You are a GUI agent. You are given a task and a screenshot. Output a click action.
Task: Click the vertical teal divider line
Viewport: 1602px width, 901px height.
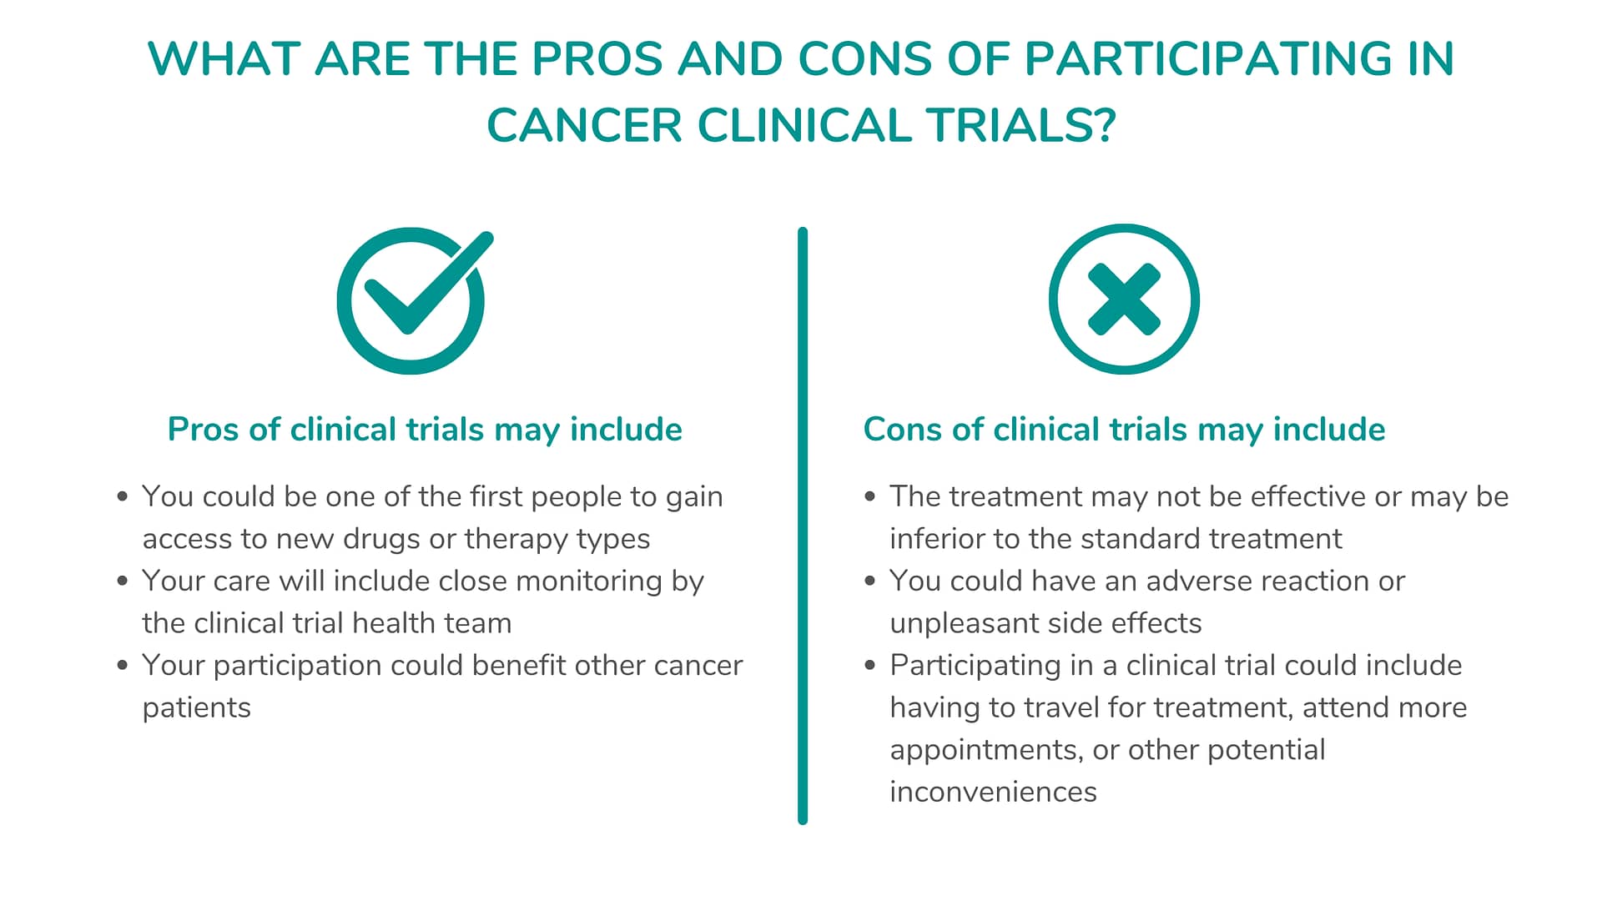pyautogui.click(x=803, y=526)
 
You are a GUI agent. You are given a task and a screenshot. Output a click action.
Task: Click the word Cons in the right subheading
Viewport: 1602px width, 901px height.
pyautogui.click(x=904, y=430)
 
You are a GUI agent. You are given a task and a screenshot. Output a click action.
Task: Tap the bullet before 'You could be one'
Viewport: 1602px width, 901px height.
pyautogui.click(x=123, y=496)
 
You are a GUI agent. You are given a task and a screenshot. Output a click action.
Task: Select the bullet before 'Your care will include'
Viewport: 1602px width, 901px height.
pyautogui.click(x=123, y=581)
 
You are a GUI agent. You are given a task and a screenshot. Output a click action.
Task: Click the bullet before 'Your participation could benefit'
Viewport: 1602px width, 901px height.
pyautogui.click(x=123, y=665)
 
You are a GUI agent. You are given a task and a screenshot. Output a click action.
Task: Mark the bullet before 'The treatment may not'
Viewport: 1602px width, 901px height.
pyautogui.click(x=870, y=496)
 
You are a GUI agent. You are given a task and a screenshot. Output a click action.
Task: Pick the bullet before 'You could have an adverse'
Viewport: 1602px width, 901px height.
pyautogui.click(x=870, y=581)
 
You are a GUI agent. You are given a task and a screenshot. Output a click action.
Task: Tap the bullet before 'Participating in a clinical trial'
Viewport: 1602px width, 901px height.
pyautogui.click(x=870, y=665)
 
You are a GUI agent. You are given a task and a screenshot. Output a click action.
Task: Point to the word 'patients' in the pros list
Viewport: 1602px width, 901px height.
pyautogui.click(x=196, y=708)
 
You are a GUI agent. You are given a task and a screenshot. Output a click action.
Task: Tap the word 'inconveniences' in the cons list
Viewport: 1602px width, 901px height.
pyautogui.click(x=993, y=792)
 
